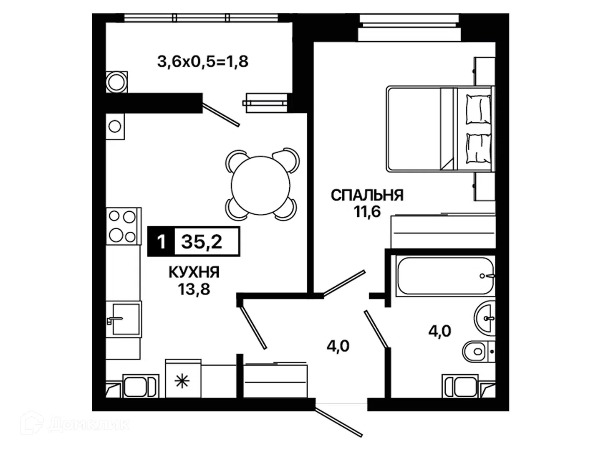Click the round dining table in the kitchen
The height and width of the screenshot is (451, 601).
coord(260,185)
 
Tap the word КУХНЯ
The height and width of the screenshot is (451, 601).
coord(194,272)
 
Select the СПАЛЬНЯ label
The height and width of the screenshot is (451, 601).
coord(367,195)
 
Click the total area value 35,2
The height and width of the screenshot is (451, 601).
coord(202,242)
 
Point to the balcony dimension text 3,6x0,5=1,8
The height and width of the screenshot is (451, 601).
coord(202,62)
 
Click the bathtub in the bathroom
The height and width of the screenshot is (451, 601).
coord(445,276)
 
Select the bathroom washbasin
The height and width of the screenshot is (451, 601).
coord(485,318)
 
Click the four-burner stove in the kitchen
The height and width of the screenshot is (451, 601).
coord(124,226)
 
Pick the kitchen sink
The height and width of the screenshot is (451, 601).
coord(124,319)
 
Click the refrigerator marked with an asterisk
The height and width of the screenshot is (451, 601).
coord(183,378)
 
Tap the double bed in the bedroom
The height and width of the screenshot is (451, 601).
coord(441,129)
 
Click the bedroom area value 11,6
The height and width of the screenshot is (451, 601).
coord(367,212)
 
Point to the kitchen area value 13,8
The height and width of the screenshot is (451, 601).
coord(194,289)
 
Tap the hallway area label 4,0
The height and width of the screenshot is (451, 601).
coord(338,346)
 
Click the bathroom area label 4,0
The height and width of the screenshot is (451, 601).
coord(440,331)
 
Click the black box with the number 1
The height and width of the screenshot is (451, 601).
coord(161,242)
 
